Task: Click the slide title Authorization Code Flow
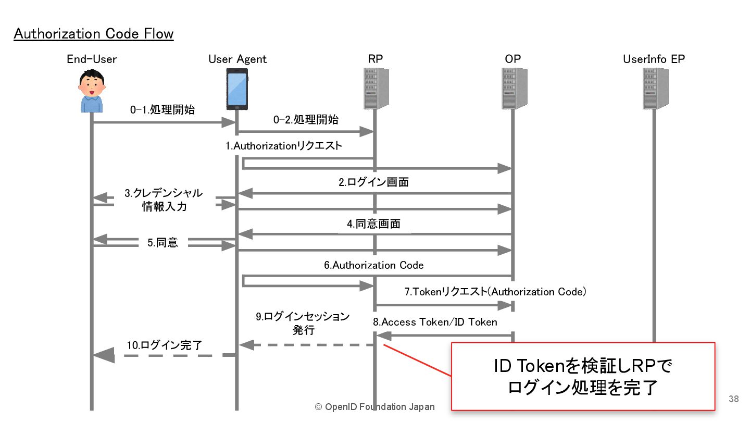(x=94, y=34)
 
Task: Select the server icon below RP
(x=375, y=89)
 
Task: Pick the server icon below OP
(x=513, y=89)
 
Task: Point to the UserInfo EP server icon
(x=654, y=89)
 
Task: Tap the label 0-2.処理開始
(x=306, y=120)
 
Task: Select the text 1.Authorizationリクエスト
(x=284, y=146)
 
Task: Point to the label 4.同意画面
(x=374, y=225)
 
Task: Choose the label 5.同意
(x=162, y=243)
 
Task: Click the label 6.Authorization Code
(x=373, y=265)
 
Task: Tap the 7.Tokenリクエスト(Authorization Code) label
(x=495, y=292)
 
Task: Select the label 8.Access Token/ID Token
(x=435, y=322)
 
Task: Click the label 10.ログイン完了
(x=165, y=345)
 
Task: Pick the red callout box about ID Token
(x=583, y=376)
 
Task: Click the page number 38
(x=733, y=399)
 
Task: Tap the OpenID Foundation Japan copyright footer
(x=374, y=407)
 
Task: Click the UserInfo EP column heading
(x=654, y=59)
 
